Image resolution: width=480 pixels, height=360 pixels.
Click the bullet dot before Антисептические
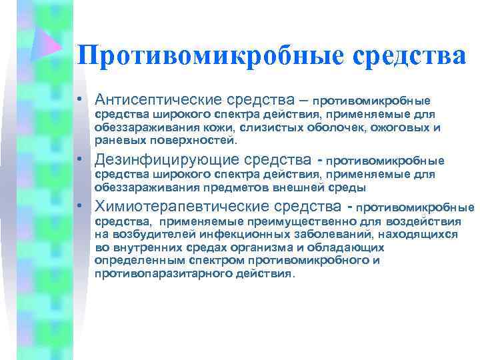79,101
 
